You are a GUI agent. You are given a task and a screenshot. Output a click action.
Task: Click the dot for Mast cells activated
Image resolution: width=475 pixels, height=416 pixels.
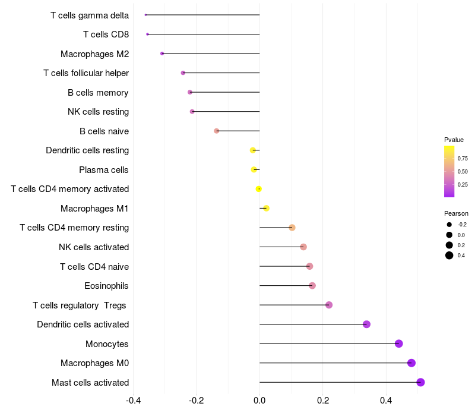tap(420, 382)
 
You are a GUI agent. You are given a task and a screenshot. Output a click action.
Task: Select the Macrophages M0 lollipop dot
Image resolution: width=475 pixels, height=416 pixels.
tap(411, 363)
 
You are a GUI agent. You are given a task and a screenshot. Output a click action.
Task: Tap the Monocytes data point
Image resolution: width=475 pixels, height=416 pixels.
tap(398, 343)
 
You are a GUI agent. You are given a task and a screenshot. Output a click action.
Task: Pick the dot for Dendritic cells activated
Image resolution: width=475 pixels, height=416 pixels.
tap(366, 324)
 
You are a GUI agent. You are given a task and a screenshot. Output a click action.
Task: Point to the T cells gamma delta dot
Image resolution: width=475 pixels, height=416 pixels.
tap(145, 15)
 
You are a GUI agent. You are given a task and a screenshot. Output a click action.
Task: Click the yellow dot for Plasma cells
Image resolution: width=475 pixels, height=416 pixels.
tap(254, 169)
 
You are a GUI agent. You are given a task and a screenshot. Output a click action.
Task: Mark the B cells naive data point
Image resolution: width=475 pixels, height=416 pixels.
tap(217, 131)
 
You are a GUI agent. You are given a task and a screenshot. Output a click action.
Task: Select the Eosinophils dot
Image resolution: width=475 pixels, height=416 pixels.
tap(312, 286)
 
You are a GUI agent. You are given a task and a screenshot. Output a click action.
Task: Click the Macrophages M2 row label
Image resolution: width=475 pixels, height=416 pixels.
tap(94, 54)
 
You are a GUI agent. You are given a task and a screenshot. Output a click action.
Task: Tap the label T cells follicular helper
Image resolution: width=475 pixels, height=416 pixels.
tap(86, 73)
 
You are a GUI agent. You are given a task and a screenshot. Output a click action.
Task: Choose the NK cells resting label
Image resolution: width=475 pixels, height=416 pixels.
tap(98, 112)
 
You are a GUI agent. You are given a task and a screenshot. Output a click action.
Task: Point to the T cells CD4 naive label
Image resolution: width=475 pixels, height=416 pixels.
tap(94, 266)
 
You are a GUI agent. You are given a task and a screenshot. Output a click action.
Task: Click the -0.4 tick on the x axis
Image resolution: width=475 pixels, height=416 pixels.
tap(133, 400)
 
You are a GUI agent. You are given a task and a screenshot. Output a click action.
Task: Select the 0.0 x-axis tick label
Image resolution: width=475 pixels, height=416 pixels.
tap(259, 400)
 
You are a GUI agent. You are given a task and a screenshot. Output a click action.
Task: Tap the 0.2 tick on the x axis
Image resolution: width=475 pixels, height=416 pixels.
tap(323, 400)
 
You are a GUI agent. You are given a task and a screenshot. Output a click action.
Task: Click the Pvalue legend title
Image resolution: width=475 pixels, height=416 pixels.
tap(454, 140)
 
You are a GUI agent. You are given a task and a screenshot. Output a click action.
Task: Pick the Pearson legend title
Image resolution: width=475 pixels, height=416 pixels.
tap(456, 213)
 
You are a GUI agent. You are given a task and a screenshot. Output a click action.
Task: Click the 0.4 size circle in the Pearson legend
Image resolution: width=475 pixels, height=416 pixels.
tap(449, 256)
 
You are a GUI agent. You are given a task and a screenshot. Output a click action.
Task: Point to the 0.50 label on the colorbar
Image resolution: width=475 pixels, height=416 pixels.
tap(463, 172)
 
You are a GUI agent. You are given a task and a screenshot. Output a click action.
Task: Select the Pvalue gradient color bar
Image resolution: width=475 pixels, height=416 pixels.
tap(449, 171)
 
